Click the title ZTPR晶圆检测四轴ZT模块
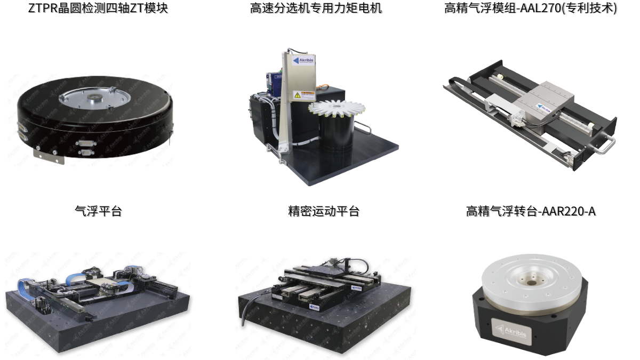(x=98, y=8)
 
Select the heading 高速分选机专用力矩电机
(x=316, y=8)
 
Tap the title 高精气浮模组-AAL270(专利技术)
(x=530, y=8)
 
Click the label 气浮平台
(x=98, y=211)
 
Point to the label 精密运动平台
(x=324, y=211)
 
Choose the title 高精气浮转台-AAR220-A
(x=531, y=211)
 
